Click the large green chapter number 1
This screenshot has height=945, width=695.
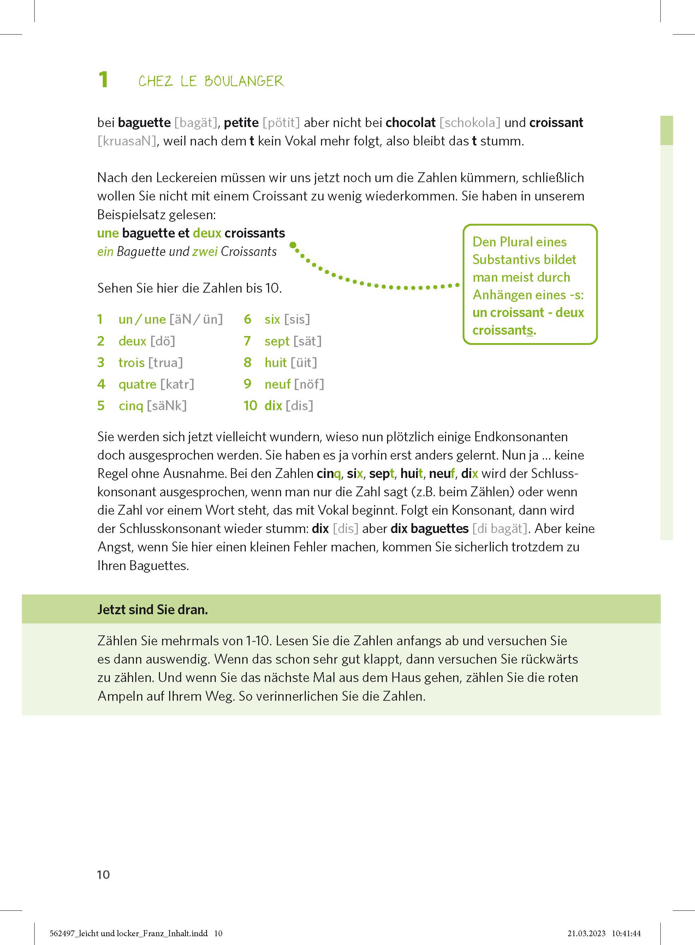[x=103, y=79]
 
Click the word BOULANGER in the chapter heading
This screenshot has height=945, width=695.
[x=244, y=81]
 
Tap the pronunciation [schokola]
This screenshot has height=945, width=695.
[x=469, y=123]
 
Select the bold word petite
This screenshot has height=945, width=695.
[x=241, y=123]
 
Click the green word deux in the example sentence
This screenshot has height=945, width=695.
[x=207, y=233]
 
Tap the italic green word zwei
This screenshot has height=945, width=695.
[x=204, y=251]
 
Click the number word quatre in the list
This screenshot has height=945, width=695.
[x=137, y=384]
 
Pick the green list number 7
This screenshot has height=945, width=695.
[x=247, y=341]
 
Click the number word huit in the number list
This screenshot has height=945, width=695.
[x=275, y=363]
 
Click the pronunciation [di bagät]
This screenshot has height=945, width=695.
[x=499, y=529]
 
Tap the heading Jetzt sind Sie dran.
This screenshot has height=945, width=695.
[x=152, y=609]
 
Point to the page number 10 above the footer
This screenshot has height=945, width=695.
[x=103, y=875]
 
